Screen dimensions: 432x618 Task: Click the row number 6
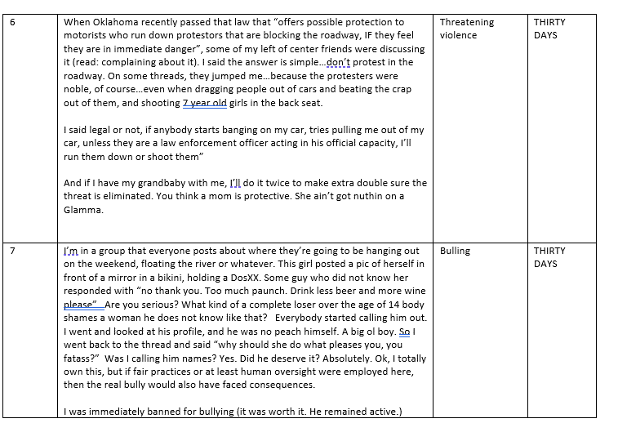12,22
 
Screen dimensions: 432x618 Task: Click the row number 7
12,251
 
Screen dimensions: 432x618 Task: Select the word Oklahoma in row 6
118,22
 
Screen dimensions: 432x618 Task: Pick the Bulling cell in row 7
455,251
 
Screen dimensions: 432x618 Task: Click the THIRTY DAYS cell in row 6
549,29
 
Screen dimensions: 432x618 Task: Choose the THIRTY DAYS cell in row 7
549,257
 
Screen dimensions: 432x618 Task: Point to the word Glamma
83,209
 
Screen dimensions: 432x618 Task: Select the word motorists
87,36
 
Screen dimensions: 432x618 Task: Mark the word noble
78,90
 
